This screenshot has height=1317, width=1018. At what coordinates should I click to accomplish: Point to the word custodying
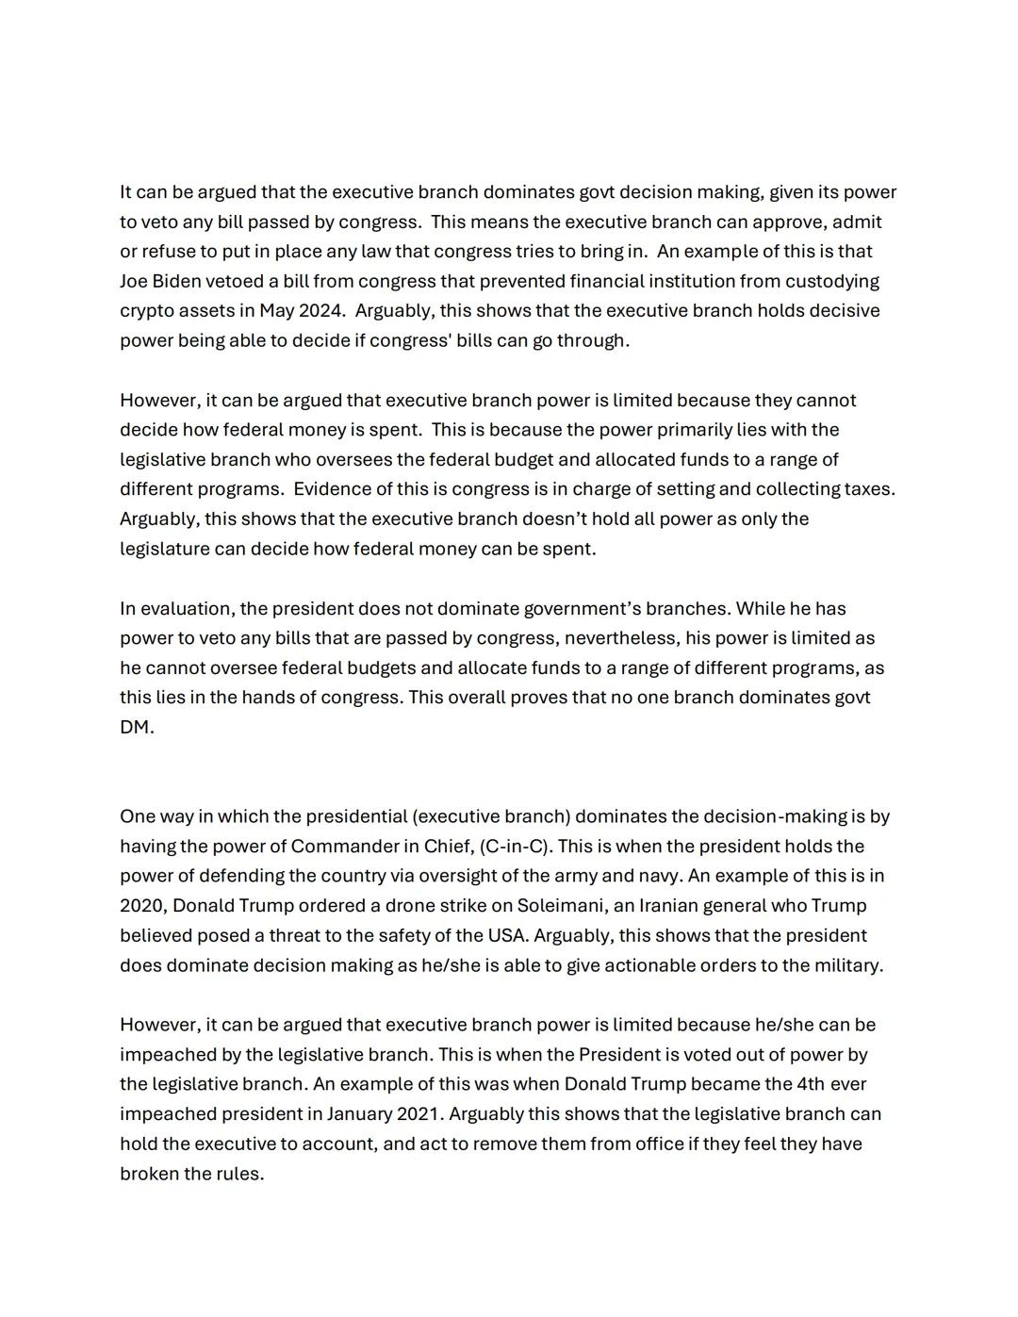point(831,281)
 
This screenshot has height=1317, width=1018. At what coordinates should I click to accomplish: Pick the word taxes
point(865,489)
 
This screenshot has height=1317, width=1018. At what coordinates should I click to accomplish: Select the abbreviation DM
point(136,727)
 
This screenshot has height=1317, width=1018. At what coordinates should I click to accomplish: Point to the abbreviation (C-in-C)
point(515,847)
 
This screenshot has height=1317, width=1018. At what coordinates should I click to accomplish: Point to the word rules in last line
point(240,1174)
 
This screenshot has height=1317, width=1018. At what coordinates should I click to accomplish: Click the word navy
point(656,876)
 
